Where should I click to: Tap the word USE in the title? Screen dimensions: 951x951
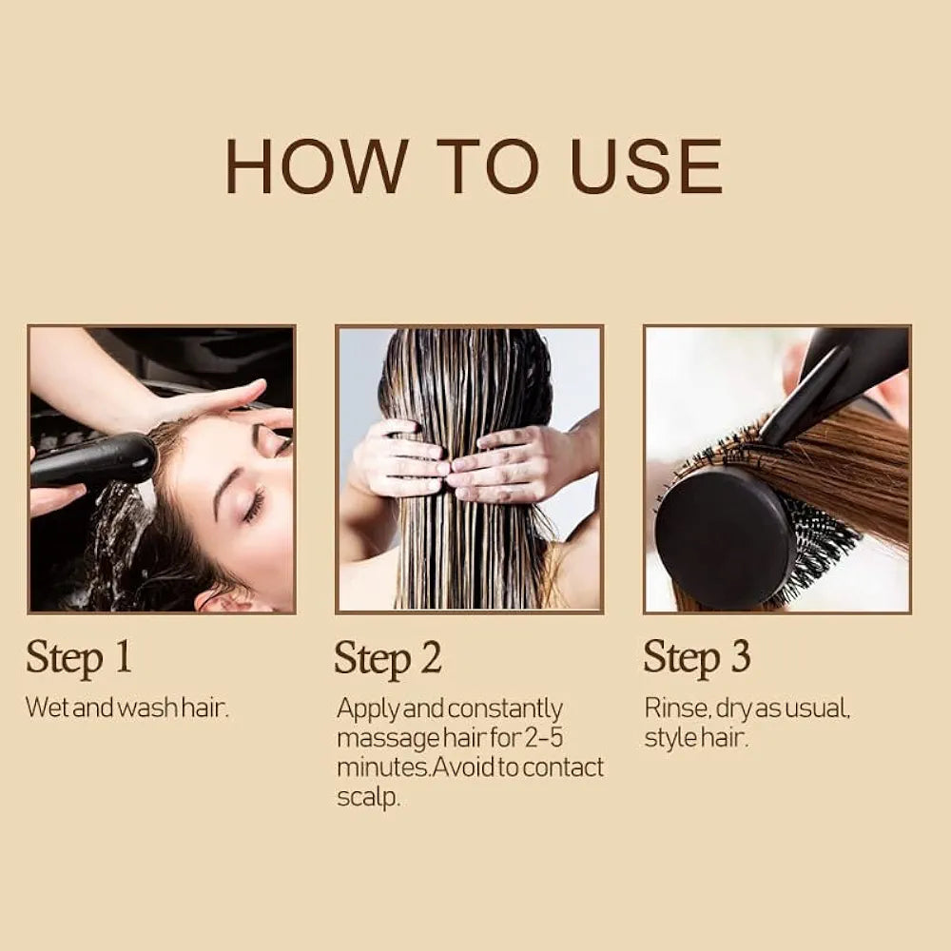tap(646, 166)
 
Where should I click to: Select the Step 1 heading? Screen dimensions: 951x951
tap(79, 657)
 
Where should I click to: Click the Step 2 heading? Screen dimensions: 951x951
tap(388, 658)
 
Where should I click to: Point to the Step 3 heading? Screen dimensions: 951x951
tap(697, 657)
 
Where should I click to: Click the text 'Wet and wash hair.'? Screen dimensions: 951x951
tap(127, 708)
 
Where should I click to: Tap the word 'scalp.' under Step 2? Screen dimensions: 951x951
tap(368, 797)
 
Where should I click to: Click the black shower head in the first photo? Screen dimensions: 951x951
tap(93, 461)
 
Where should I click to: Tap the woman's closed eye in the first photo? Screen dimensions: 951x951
tap(253, 504)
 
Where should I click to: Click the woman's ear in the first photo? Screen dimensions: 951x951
tap(217, 599)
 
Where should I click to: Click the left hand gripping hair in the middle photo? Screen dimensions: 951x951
tap(398, 458)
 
